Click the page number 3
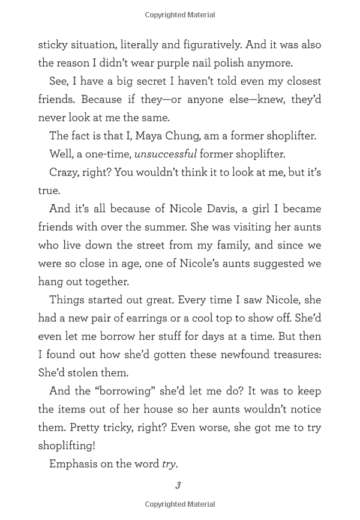point(178,485)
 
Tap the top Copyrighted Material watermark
point(180,15)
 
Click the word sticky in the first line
point(53,44)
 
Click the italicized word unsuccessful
point(165,154)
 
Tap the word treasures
point(292,355)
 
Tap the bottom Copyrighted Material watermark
point(180,505)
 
